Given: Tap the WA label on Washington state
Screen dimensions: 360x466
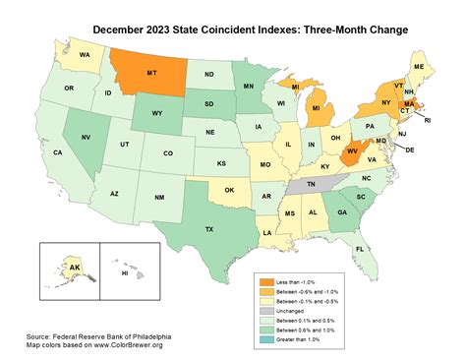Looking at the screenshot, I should pyautogui.click(x=86, y=55).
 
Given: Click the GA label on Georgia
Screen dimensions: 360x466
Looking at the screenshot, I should pyautogui.click(x=340, y=211).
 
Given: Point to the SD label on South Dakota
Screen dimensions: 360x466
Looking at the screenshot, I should pyautogui.click(x=208, y=104).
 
